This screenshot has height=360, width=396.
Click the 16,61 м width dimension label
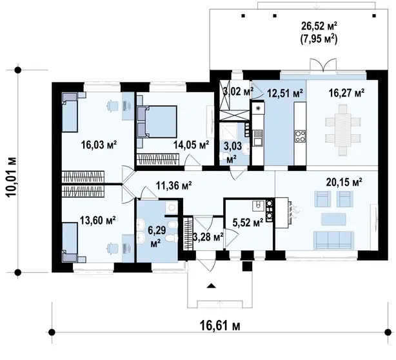(x=220, y=325)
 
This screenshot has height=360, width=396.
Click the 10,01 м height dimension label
(x=12, y=176)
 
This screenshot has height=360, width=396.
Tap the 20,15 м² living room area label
(x=344, y=182)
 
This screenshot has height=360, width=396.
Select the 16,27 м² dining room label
(x=346, y=93)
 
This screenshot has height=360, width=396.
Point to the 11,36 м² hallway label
(x=173, y=185)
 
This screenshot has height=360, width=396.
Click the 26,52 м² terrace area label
(x=319, y=26)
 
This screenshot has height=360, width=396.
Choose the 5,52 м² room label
(x=248, y=223)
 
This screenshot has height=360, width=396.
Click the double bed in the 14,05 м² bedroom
(x=157, y=122)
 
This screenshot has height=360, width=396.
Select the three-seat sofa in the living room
(x=333, y=240)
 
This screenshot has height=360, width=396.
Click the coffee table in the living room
(x=333, y=219)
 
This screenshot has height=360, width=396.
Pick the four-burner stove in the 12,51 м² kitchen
(x=300, y=136)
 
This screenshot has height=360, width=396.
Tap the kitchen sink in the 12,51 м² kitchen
(x=258, y=137)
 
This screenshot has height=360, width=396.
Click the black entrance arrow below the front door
(x=211, y=286)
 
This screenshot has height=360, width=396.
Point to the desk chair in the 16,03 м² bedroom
(x=112, y=106)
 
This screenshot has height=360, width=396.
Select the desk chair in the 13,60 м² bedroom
(x=112, y=248)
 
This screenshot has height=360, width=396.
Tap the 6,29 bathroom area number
(x=157, y=230)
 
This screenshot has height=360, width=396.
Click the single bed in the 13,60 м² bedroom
(x=70, y=242)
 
